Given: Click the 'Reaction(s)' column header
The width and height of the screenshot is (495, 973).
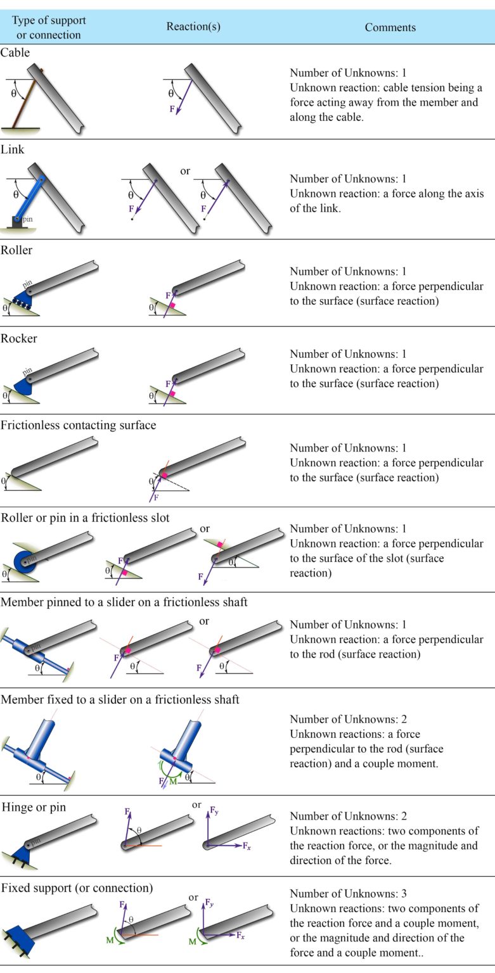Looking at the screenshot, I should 193,27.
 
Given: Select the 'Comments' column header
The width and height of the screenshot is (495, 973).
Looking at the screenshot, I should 390,27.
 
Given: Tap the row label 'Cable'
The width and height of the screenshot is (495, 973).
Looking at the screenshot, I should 15,53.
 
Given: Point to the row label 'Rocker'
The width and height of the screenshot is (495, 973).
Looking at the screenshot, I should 19,338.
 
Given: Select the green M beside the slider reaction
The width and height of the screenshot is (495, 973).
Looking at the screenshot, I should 172,782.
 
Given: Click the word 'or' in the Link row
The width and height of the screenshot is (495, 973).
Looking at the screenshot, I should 185,171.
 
